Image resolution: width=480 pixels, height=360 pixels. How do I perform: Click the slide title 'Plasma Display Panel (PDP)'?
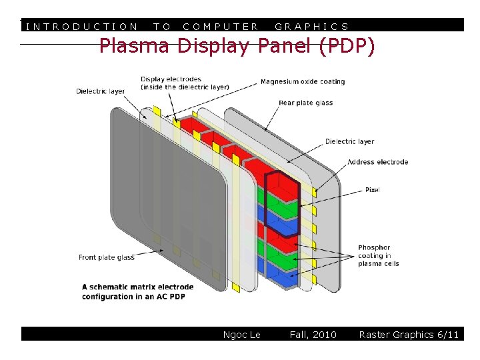tap(237, 47)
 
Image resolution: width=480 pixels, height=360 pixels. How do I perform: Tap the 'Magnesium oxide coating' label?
tap(303, 82)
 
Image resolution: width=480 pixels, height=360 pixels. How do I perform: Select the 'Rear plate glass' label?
tap(305, 103)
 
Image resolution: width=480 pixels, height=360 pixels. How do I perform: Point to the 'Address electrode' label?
tap(377, 162)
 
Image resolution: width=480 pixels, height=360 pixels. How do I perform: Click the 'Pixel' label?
tap(372, 190)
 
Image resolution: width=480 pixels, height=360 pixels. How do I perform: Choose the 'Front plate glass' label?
tap(107, 257)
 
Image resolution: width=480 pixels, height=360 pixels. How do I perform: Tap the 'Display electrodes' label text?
tap(185, 83)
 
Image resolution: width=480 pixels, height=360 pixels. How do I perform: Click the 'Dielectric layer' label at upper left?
tap(100, 91)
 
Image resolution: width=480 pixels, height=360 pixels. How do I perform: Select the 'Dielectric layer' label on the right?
tap(349, 141)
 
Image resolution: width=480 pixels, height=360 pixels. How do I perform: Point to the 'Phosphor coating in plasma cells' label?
tap(378, 255)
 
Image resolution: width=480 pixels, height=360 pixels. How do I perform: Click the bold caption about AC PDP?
tap(137, 292)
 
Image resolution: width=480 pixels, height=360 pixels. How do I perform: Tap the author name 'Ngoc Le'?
tap(241, 335)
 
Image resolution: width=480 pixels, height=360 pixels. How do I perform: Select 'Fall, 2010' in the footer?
tap(313, 335)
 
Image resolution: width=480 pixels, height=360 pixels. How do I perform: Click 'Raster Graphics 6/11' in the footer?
tap(409, 335)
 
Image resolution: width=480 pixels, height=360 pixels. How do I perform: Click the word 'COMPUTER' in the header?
tap(221, 27)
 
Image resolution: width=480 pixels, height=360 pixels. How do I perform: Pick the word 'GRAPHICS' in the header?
tap(312, 27)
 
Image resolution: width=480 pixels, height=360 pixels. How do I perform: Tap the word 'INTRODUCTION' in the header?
tap(81, 27)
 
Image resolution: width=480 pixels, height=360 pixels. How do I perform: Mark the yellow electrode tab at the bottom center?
tap(236, 287)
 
